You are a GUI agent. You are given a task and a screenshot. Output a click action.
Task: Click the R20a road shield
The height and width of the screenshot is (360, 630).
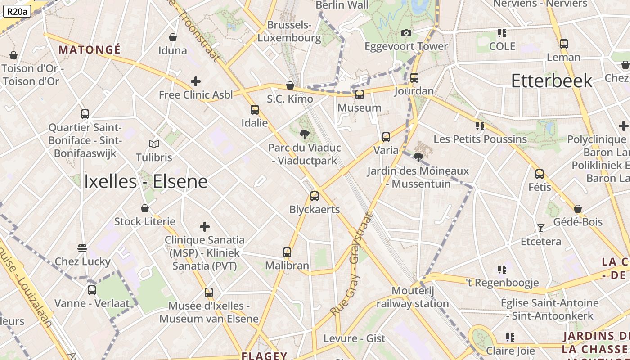pyautogui.click(x=17, y=11)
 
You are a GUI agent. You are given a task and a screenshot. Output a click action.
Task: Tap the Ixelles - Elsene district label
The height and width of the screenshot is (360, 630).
pyautogui.click(x=146, y=181)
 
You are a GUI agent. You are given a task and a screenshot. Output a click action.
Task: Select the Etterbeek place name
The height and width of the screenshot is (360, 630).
pyautogui.click(x=552, y=81)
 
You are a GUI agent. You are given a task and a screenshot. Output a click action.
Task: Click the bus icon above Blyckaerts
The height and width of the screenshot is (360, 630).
pyautogui.click(x=315, y=196)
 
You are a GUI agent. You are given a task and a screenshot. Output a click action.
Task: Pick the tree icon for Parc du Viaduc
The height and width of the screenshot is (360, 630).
pyautogui.click(x=305, y=134)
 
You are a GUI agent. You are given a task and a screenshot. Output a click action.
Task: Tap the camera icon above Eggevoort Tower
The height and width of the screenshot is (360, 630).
pyautogui.click(x=406, y=33)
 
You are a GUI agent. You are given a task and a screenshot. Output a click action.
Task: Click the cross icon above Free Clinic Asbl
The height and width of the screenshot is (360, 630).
pyautogui.click(x=196, y=81)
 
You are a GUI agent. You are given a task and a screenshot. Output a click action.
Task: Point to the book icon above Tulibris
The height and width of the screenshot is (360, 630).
pyautogui.click(x=154, y=144)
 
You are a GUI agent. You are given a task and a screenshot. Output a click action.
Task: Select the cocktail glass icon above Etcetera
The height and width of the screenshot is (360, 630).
pyautogui.click(x=541, y=228)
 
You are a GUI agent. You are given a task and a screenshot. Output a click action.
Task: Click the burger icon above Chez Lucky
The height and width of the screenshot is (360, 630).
pyautogui.click(x=82, y=248)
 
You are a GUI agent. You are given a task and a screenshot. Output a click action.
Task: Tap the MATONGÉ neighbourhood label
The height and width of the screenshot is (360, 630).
pyautogui.click(x=90, y=49)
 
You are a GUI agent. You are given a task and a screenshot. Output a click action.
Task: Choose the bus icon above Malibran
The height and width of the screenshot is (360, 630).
pyautogui.click(x=287, y=252)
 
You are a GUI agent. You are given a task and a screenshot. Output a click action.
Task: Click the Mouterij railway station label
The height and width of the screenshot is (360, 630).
pyautogui.click(x=413, y=297)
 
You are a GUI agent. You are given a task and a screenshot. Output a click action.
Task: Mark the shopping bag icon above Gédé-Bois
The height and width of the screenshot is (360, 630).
pyautogui.click(x=578, y=209)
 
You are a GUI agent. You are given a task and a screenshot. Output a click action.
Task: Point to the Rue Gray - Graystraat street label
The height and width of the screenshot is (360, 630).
pyautogui.click(x=352, y=264)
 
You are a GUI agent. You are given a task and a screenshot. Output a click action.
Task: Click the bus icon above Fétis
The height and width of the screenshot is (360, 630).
pyautogui.click(x=540, y=174)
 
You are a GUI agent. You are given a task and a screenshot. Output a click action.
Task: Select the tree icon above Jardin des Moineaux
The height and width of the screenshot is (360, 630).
pyautogui.click(x=418, y=157)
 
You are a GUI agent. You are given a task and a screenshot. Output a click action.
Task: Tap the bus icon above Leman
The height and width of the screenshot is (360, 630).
pyautogui.click(x=564, y=44)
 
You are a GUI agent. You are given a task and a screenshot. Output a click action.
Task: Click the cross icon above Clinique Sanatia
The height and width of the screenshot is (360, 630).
pyautogui.click(x=205, y=226)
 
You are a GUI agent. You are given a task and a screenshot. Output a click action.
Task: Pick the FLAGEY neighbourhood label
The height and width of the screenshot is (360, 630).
pyautogui.click(x=264, y=355)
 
